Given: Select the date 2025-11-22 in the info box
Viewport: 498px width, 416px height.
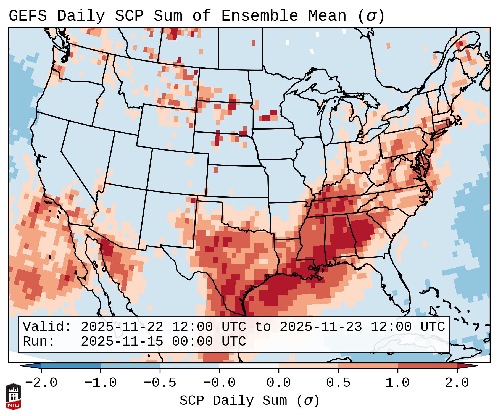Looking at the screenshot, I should point(122,327).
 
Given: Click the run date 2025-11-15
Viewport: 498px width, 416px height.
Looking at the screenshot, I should point(122,341).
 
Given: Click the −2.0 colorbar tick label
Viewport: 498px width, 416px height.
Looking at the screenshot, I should point(41,383).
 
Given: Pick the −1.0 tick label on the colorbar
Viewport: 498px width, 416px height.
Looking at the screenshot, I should point(101,383).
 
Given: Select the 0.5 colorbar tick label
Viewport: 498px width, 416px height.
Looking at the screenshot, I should point(338,383).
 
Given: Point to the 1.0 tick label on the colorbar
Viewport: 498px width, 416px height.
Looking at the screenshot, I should point(398,383).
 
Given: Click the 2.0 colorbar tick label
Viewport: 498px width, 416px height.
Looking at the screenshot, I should point(457,383).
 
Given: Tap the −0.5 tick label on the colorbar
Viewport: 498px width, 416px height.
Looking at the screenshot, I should point(160,383).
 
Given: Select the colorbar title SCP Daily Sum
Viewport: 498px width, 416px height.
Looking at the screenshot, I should point(233,401).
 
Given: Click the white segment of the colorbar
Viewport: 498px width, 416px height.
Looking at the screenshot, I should point(249,366).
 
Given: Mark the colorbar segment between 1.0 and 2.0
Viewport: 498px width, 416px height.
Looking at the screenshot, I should point(427,366).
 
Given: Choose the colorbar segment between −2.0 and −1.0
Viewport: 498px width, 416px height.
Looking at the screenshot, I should point(71,366).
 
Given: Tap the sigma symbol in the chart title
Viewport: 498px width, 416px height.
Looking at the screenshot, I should point(371,16).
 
